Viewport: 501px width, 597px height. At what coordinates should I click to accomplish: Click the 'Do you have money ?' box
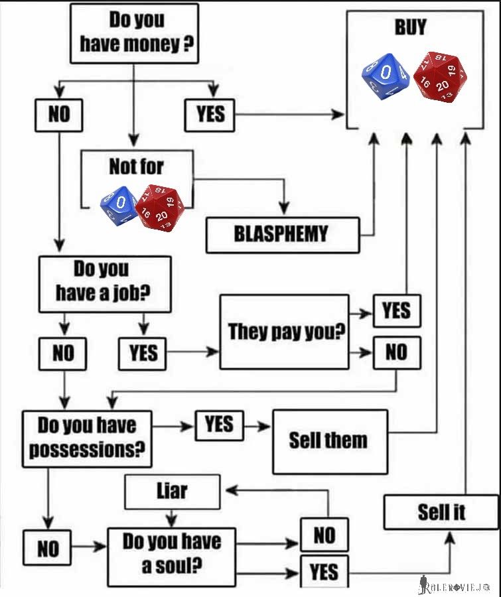[134, 33]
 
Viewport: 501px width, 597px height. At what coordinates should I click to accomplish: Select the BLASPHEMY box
[282, 234]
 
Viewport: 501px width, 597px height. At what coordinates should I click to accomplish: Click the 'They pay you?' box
[284, 332]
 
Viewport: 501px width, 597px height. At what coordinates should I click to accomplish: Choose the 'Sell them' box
[330, 441]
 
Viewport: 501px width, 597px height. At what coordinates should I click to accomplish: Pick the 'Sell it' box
[441, 511]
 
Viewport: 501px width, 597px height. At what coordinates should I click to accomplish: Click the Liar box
[172, 492]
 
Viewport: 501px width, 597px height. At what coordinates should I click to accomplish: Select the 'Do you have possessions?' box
[86, 438]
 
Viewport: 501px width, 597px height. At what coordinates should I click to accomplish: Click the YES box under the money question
[210, 115]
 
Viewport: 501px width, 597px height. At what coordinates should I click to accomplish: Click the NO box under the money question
[58, 115]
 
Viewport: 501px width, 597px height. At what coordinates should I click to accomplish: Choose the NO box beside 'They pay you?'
[396, 352]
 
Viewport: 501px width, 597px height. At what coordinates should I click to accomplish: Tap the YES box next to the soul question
[324, 572]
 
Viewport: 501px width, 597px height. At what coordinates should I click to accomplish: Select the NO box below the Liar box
[324, 535]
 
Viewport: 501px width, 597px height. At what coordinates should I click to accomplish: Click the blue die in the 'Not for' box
[119, 204]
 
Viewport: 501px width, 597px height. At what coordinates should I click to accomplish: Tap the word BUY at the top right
[410, 28]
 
